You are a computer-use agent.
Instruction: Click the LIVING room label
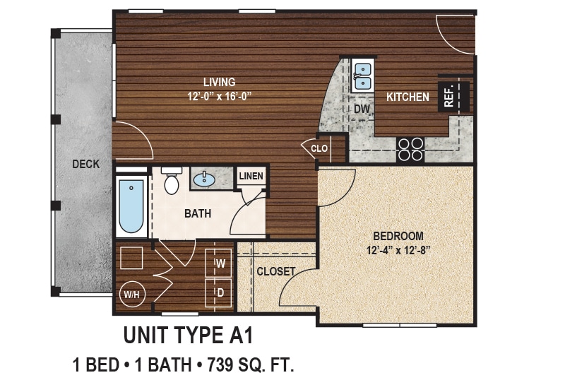tap(218, 83)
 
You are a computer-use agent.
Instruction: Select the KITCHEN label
tap(408, 97)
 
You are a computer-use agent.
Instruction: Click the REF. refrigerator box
tap(449, 97)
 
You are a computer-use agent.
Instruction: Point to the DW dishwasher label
tap(362, 109)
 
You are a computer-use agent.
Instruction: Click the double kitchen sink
tap(362, 76)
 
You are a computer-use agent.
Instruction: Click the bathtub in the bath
tap(131, 206)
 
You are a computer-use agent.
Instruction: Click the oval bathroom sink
tap(206, 179)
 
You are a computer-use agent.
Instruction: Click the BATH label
tap(198, 213)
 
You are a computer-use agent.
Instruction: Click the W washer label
tap(220, 264)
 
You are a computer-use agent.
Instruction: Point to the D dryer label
tap(220, 291)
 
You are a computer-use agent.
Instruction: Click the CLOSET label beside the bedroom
tap(275, 271)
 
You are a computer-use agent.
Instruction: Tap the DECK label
tap(85, 165)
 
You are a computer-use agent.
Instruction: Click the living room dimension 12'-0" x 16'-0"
tap(218, 96)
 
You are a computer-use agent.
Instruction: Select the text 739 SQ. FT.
tap(249, 365)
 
